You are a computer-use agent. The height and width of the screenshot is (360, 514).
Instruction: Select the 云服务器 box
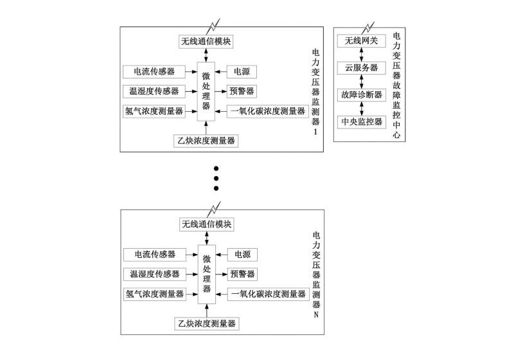click(x=361, y=67)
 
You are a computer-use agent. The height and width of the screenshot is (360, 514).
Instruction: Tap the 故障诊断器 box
click(x=361, y=94)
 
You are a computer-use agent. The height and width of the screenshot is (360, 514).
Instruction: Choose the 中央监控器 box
click(x=361, y=122)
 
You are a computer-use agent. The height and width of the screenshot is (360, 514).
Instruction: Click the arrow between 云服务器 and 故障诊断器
click(x=362, y=81)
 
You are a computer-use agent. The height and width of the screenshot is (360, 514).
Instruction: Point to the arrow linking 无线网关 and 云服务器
click(x=362, y=55)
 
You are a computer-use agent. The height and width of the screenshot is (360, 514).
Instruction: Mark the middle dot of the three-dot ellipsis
click(x=217, y=177)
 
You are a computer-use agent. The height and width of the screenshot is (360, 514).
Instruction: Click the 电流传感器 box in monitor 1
click(x=152, y=70)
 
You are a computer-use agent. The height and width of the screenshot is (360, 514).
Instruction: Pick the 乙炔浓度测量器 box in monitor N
click(x=206, y=324)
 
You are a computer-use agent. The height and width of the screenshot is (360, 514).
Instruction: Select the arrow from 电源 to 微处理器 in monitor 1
click(x=222, y=71)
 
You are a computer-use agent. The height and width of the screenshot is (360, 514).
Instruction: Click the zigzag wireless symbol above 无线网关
click(x=367, y=27)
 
